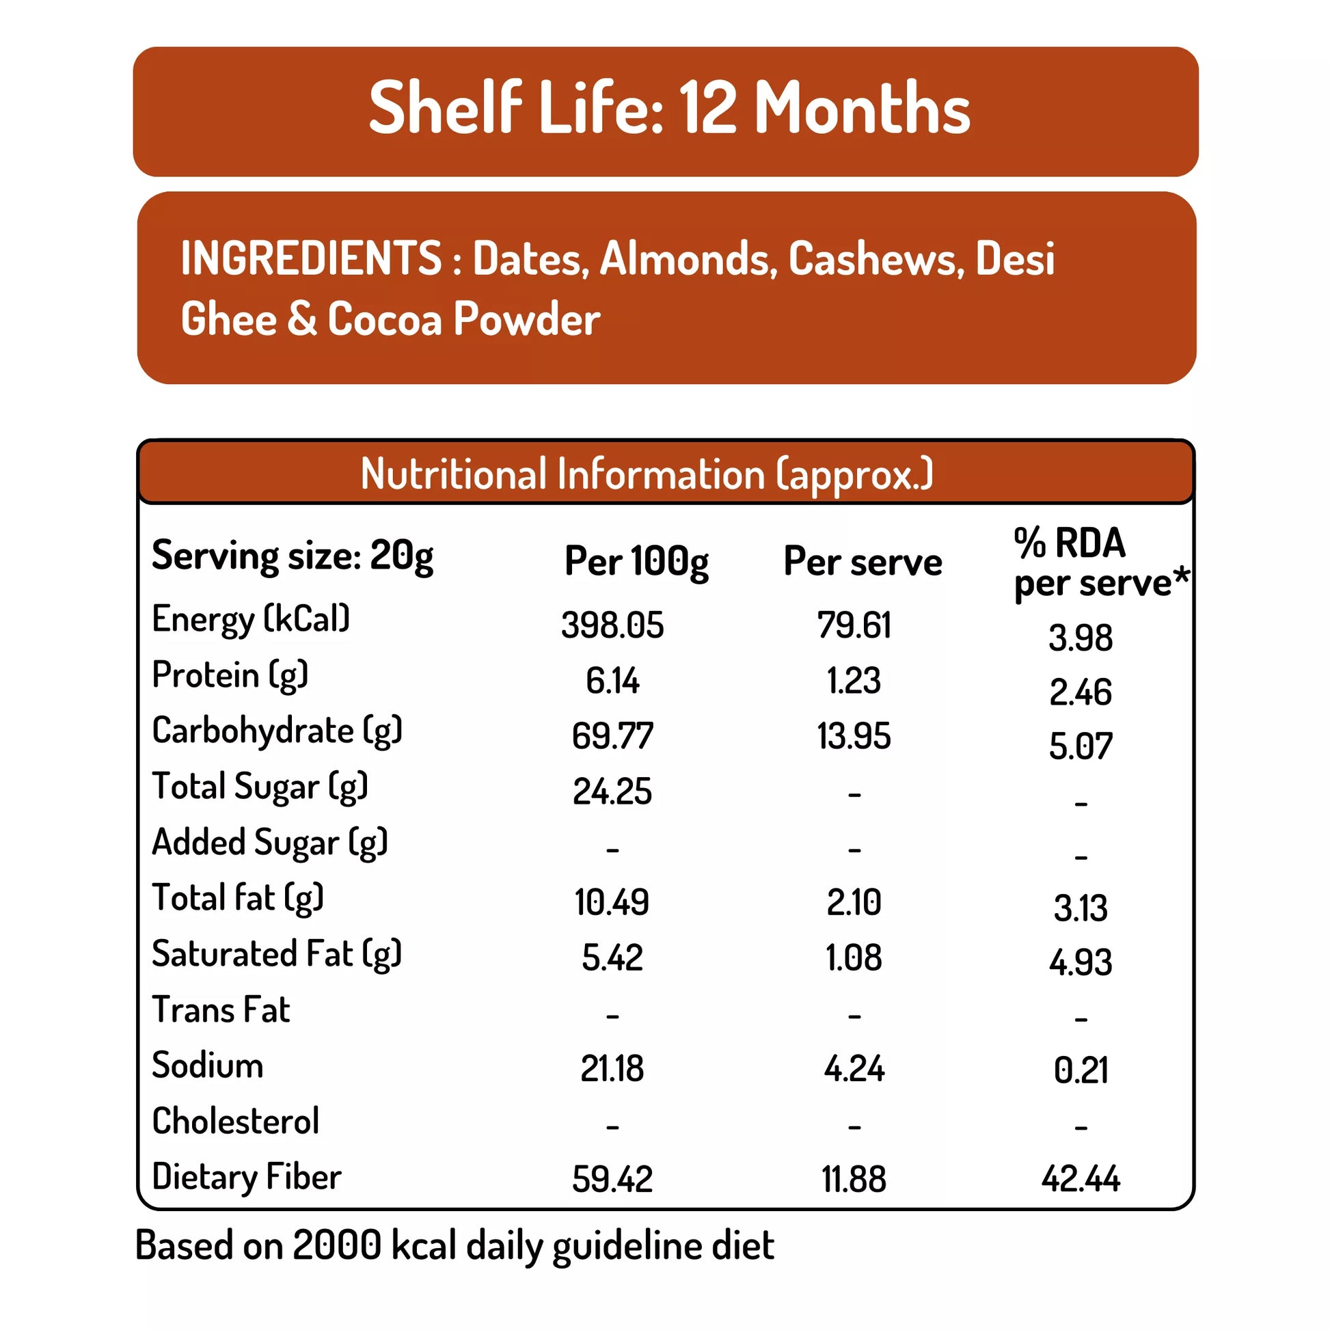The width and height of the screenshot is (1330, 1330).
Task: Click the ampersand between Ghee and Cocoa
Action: [302, 319]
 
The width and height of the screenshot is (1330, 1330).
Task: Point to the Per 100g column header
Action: [636, 561]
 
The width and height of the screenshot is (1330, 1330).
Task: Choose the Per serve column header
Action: [863, 561]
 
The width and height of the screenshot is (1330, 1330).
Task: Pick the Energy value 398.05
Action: [612, 625]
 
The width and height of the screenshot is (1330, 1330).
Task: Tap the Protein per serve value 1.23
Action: [854, 681]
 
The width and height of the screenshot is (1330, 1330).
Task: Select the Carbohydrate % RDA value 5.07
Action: [1080, 746]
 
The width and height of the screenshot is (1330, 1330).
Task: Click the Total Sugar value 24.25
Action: [612, 791]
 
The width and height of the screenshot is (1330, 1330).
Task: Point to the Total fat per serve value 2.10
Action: [854, 902]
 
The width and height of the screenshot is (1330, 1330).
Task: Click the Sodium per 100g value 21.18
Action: [612, 1069]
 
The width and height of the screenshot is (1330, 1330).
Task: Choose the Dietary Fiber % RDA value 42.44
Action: [1080, 1179]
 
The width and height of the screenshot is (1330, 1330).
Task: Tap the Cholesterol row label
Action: [235, 1122]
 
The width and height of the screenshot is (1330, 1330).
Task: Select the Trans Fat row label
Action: [221, 1010]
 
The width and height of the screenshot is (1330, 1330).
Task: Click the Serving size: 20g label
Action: [293, 556]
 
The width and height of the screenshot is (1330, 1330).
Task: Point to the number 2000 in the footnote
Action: [337, 1245]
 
